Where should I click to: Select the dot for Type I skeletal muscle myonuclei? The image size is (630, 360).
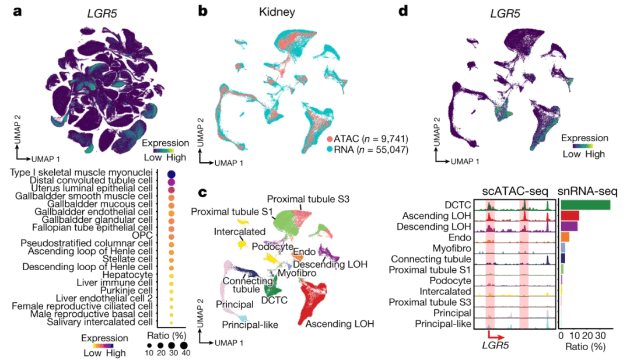(171, 174)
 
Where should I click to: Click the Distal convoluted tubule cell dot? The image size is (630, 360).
(171, 182)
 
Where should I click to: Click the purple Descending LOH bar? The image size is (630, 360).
(569, 226)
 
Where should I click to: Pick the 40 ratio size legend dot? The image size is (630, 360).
(185, 345)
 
